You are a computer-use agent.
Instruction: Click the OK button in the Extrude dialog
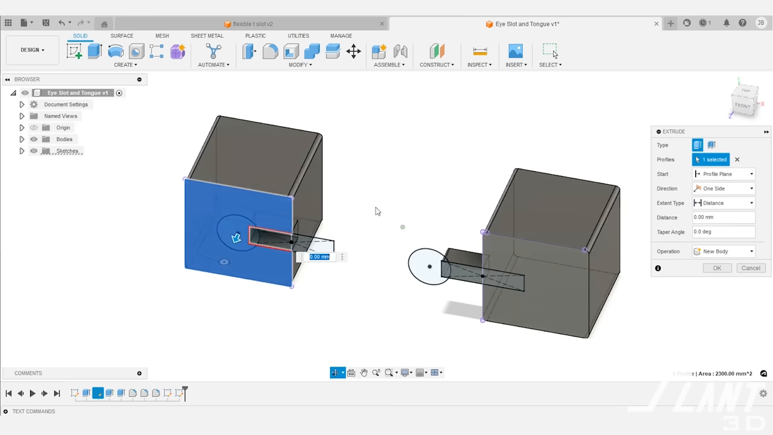point(717,268)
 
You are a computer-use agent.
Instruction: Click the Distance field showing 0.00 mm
point(723,217)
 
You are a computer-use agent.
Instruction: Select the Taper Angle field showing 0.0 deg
point(723,232)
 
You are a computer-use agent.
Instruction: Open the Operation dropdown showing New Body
point(723,251)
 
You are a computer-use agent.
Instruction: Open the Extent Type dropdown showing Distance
point(723,203)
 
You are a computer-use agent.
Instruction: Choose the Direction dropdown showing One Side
point(723,188)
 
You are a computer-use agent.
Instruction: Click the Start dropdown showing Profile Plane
point(723,174)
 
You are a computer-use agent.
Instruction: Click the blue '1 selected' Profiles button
point(711,159)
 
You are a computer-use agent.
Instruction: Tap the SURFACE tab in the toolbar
point(122,36)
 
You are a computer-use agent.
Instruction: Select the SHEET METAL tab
point(207,36)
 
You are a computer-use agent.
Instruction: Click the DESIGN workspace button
point(33,50)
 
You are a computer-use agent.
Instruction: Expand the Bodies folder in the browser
point(22,140)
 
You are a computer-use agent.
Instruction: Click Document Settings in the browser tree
point(66,105)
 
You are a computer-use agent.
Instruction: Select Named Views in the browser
point(60,116)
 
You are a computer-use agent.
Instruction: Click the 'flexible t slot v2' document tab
point(252,24)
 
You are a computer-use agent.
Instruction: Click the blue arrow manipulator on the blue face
point(236,238)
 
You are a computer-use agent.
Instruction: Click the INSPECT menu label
point(480,65)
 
